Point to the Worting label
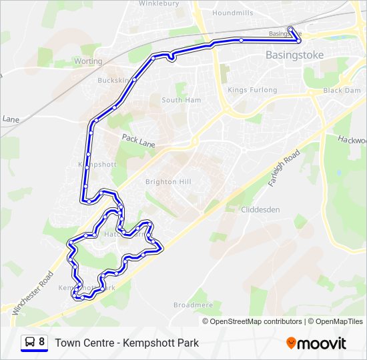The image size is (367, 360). [x=88, y=61]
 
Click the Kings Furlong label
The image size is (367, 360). [x=246, y=90]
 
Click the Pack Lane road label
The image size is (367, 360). [x=138, y=139]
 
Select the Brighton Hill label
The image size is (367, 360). [x=168, y=181]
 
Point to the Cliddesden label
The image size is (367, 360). [x=261, y=209]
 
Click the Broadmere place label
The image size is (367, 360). [x=193, y=305]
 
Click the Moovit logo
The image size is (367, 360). [x=316, y=343]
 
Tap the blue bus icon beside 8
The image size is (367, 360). [x=29, y=343]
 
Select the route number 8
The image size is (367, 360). [x=42, y=342]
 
